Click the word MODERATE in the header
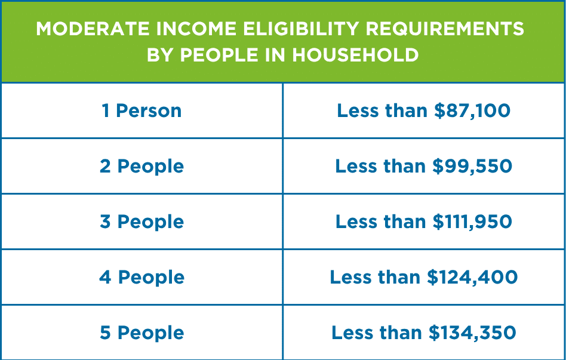[93, 29]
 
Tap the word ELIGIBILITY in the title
[301, 29]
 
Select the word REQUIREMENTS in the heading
[445, 29]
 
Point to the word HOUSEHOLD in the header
[355, 56]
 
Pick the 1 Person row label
[141, 110]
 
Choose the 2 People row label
[142, 167]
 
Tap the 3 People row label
[142, 221]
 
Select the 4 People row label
[142, 277]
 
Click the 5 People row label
[142, 333]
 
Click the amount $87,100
[472, 110]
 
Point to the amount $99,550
[472, 166]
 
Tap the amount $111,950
[472, 221]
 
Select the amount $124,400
[472, 277]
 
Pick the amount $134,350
[472, 333]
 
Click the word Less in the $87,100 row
[358, 110]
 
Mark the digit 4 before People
[105, 277]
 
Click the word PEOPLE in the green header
[219, 56]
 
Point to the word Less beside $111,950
[356, 221]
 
